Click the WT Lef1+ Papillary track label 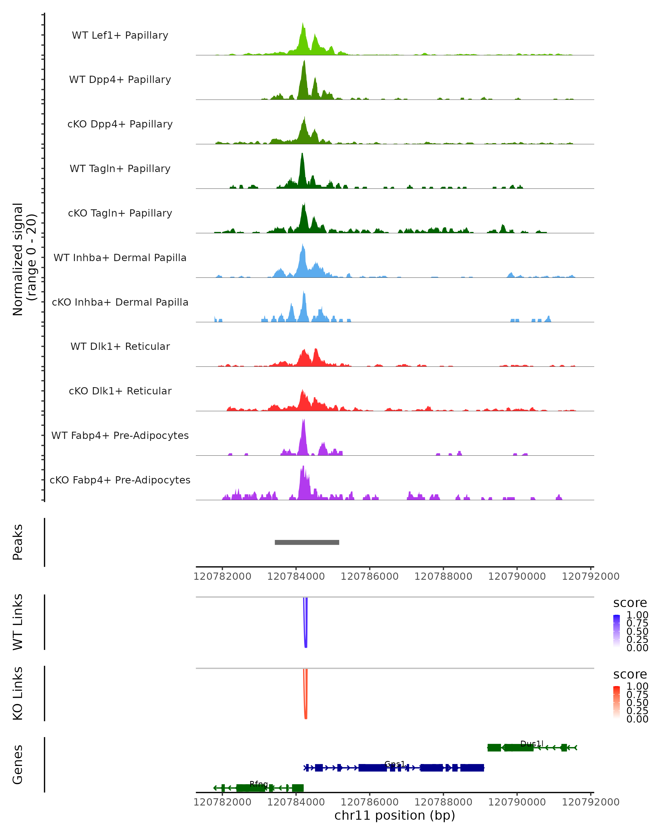coord(120,35)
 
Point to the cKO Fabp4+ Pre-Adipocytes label coord(120,480)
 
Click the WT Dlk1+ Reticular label coord(120,346)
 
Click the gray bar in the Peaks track coord(307,542)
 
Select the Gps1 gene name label coord(395,764)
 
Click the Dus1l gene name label coord(532,744)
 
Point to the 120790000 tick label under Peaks coord(517,576)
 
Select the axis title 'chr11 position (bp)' coord(395,816)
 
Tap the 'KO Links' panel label coord(18,694)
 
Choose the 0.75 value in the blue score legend coord(637,623)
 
